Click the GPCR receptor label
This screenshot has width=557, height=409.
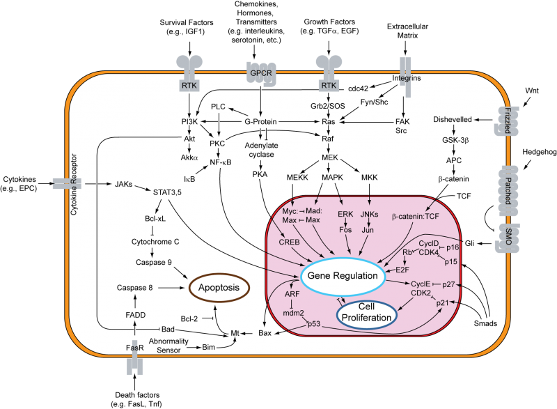260,72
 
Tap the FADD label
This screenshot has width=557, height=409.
136,314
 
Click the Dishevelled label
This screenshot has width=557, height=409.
453,120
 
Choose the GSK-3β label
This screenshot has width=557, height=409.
453,139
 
